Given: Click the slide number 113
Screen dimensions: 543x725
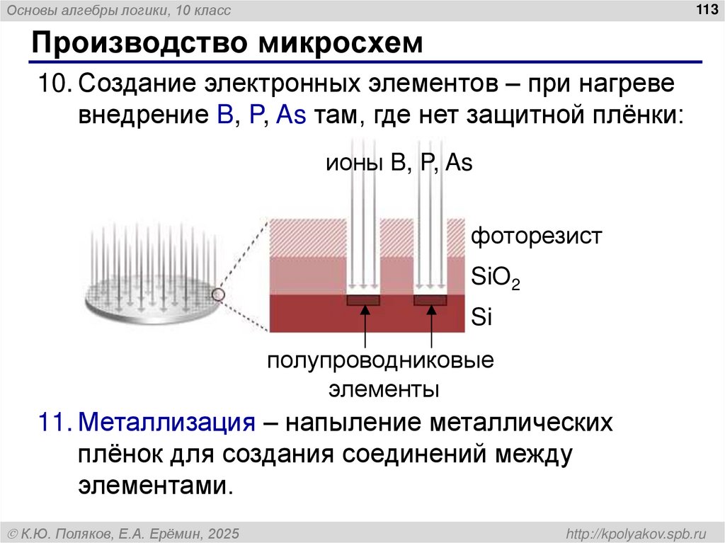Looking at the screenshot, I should point(706,8).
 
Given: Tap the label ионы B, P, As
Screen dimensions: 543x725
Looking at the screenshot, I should point(399,164).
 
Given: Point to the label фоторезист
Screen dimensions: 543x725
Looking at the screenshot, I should point(536,236).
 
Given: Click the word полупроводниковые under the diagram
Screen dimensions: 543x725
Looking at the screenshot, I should point(380,362).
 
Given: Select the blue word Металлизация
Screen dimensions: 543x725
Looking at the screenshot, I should point(166,423).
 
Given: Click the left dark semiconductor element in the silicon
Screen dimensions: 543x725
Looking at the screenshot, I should point(363,300).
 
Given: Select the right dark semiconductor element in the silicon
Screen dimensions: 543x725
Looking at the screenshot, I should point(430,300).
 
